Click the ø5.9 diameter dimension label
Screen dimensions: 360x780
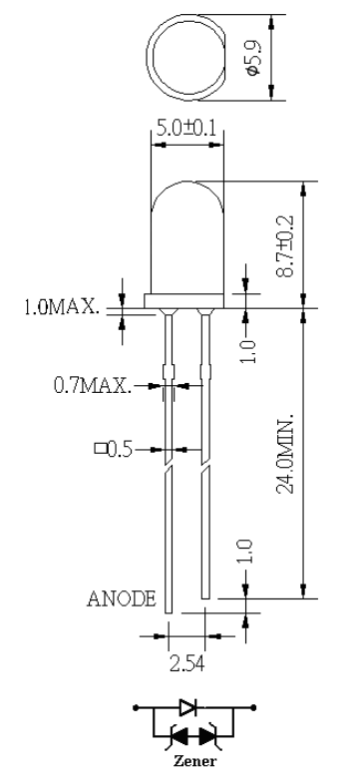click(x=253, y=57)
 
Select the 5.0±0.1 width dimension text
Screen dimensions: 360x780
click(x=186, y=129)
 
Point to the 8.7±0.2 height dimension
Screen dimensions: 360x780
click(x=286, y=245)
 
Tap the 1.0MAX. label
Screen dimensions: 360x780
click(x=62, y=306)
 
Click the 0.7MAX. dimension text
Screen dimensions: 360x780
click(x=93, y=385)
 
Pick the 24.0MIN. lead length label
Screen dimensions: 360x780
click(x=285, y=452)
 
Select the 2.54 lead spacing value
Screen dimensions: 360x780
click(x=186, y=663)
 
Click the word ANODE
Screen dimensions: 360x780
click(x=122, y=598)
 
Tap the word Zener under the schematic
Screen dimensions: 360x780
click(x=194, y=761)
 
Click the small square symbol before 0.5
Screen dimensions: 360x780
click(x=101, y=449)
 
